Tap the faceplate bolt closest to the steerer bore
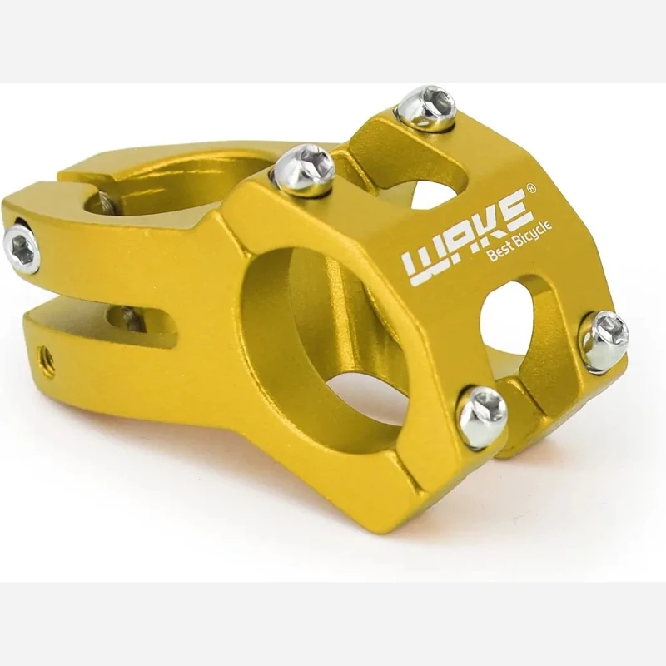304,169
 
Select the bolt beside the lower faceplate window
604,340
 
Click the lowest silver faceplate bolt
482,416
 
